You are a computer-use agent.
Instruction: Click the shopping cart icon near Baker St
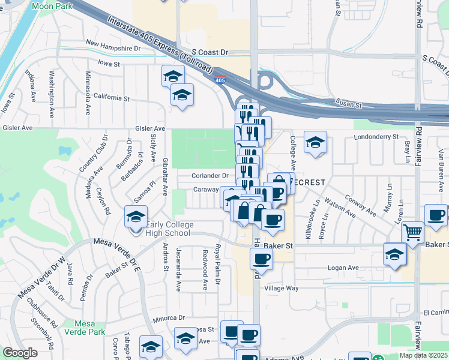click(x=412, y=232)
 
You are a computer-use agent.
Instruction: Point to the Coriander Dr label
click(x=210, y=176)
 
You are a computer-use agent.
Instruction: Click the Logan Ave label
click(x=343, y=268)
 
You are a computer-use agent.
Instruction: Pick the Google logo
click(x=20, y=353)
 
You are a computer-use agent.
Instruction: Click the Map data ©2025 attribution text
click(x=424, y=355)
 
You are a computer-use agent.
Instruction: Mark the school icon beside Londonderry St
click(x=315, y=143)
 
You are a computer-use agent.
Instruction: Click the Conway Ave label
click(x=360, y=203)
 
